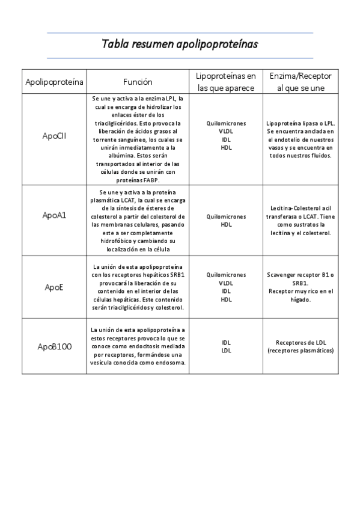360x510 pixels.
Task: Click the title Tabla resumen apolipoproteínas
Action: point(180,44)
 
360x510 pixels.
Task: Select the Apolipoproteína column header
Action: point(54,82)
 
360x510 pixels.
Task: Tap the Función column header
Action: point(138,82)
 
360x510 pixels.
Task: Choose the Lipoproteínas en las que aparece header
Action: point(225,82)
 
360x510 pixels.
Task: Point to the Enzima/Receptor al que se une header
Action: point(300,82)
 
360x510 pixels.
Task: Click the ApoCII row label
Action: point(54,136)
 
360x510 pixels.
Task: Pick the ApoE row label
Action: point(54,287)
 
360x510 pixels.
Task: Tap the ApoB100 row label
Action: point(54,346)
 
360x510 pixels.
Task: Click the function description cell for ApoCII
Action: point(138,138)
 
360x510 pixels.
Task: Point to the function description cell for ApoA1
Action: point(138,220)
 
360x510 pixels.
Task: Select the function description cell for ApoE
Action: point(138,287)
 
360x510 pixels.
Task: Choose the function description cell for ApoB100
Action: point(138,346)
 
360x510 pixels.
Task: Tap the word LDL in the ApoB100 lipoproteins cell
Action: point(226,350)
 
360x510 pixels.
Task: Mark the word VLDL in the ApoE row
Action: point(225,283)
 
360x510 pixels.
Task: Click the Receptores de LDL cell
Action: point(300,346)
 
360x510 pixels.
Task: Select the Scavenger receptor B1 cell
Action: point(300,278)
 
